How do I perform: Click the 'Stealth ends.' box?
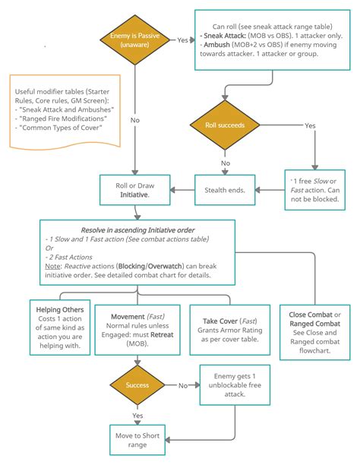226,190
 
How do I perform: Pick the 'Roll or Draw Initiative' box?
134,190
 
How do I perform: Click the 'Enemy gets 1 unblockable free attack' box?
233,385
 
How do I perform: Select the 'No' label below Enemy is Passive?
134,120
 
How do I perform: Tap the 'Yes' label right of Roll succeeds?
311,125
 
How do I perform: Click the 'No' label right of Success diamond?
182,385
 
